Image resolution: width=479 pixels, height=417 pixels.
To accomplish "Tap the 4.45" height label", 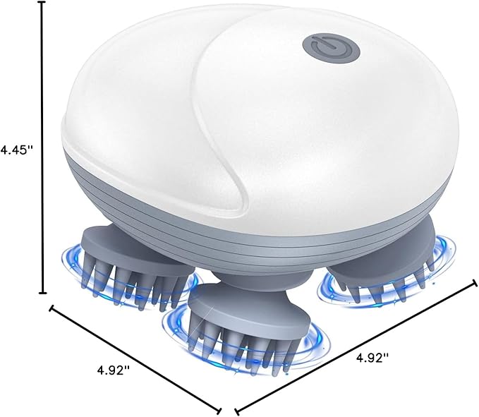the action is (x=17, y=150).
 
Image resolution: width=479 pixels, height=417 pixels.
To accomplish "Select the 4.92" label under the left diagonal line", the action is (x=114, y=370).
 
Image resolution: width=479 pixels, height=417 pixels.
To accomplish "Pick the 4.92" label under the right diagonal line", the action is (x=372, y=357).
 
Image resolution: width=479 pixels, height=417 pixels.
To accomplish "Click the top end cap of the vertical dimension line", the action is (x=42, y=2).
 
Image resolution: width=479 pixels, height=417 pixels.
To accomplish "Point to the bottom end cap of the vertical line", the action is (x=42, y=293).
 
